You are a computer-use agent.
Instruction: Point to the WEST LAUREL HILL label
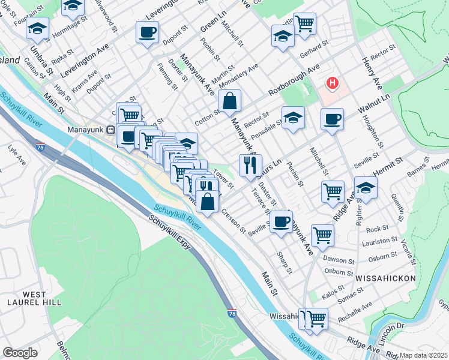tap(42, 299)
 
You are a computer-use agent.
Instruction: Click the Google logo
tap(20, 353)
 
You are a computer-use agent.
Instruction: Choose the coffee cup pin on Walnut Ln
tap(331, 119)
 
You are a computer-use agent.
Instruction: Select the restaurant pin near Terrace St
tap(250, 165)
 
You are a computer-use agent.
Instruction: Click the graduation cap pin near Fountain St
tap(37, 28)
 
